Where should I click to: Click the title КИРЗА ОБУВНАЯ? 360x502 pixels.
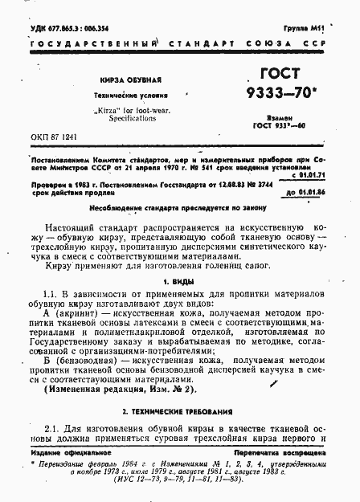(130, 80)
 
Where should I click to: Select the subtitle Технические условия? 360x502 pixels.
(130, 95)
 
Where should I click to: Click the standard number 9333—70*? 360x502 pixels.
(286, 96)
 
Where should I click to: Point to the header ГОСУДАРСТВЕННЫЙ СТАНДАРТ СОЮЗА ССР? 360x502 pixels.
(180, 42)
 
